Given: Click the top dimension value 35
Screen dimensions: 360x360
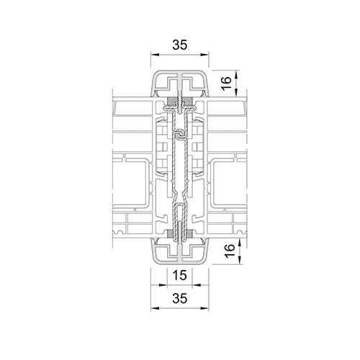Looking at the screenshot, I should point(179,45).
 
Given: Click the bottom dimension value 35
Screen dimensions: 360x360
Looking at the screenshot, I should point(179,298).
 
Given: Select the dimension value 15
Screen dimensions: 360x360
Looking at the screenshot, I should point(179,275).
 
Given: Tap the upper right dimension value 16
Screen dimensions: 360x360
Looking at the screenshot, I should point(228,83).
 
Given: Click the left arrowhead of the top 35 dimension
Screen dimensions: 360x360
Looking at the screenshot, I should point(153,55).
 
